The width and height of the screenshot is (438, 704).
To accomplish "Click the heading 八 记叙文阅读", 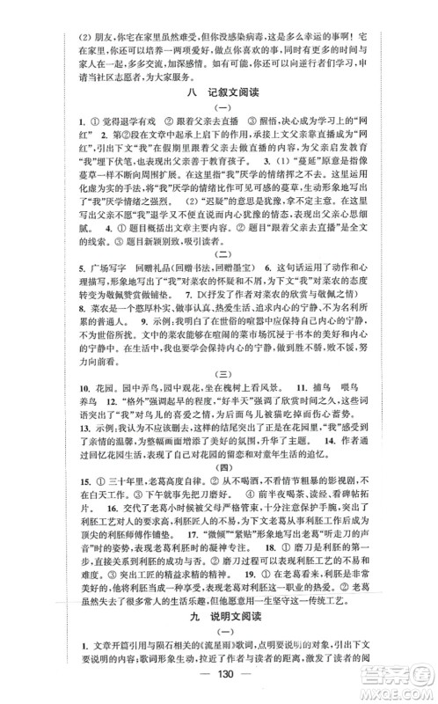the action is [219, 92].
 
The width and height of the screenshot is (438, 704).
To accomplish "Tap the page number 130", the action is [220, 685].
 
